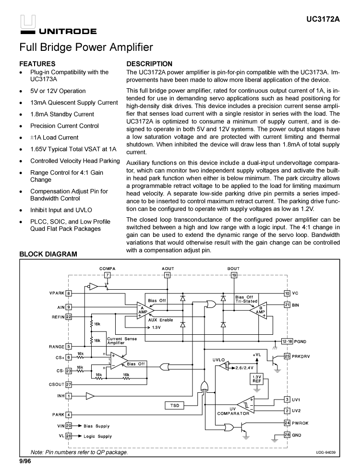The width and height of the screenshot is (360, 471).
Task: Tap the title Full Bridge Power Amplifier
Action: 86,47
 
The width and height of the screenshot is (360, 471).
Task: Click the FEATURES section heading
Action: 37,64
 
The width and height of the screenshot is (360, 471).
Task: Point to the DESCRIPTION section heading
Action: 149,64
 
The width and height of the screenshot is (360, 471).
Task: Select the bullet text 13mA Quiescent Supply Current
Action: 73,103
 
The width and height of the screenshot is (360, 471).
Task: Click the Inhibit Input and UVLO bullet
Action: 61,210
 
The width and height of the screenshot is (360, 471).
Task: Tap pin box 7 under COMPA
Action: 107,275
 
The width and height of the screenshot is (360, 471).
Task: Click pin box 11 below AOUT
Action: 168,275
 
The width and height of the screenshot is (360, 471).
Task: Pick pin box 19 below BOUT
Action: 234,275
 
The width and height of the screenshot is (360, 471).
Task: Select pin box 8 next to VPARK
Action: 69,293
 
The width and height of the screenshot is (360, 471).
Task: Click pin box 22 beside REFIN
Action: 69,317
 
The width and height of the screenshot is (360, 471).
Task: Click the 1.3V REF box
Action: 256,379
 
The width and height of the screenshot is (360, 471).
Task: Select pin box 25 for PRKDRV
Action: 287,356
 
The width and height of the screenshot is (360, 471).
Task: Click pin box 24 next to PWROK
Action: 287,423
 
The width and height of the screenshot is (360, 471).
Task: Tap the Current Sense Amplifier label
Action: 122,341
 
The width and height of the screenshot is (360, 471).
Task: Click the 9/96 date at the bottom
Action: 25,461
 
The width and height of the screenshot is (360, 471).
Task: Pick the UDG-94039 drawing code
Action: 325,452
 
